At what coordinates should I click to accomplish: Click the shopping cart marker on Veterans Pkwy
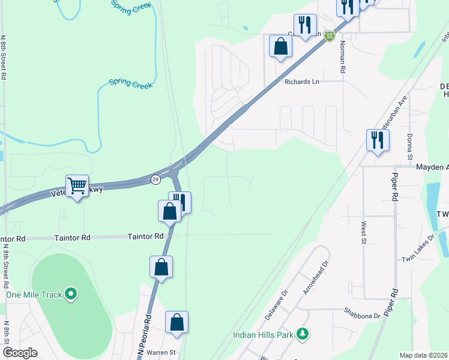tap(77, 187)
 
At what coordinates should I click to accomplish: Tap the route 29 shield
tap(155, 179)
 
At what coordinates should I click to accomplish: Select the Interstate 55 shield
tap(330, 37)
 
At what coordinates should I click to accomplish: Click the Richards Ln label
tap(301, 82)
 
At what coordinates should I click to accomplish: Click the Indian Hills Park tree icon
tap(304, 333)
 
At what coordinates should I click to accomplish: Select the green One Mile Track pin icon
tap(71, 294)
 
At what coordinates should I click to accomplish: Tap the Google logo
tap(20, 353)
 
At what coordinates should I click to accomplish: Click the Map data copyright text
tap(423, 355)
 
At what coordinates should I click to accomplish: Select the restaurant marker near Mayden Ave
tap(378, 140)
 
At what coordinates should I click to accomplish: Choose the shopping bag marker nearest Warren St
tap(177, 322)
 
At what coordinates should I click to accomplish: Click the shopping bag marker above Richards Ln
tap(280, 46)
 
